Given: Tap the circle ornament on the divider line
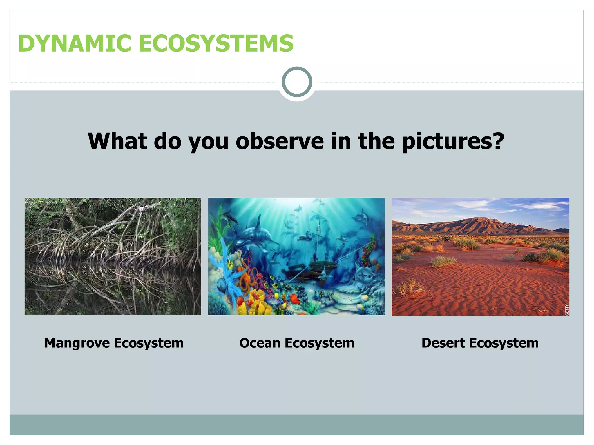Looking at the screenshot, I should tap(297, 82).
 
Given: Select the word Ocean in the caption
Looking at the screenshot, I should tap(260, 343).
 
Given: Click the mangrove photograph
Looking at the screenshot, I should tap(113, 256).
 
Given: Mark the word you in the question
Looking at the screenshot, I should tap(208, 142).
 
